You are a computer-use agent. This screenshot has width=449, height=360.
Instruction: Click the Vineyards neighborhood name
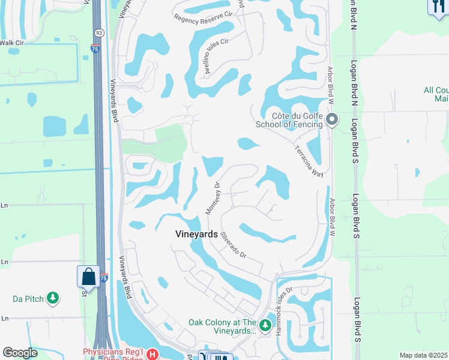click(196, 235)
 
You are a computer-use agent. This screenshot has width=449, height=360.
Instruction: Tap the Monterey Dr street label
click(214, 199)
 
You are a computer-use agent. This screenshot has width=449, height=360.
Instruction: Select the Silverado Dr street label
click(234, 246)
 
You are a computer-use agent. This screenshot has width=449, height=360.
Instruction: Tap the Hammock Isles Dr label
click(283, 310)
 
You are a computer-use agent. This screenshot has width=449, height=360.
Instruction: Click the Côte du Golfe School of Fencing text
click(289, 120)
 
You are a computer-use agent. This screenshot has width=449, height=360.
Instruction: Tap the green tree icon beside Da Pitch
click(53, 298)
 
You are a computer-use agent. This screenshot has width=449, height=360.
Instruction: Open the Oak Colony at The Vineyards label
click(223, 326)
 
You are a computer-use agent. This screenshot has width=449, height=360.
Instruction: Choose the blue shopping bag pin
click(88, 277)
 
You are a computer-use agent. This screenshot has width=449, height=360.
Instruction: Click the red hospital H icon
click(152, 354)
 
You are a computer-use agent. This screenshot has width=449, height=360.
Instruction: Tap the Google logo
click(20, 353)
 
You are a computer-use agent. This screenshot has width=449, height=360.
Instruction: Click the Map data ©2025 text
click(424, 355)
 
